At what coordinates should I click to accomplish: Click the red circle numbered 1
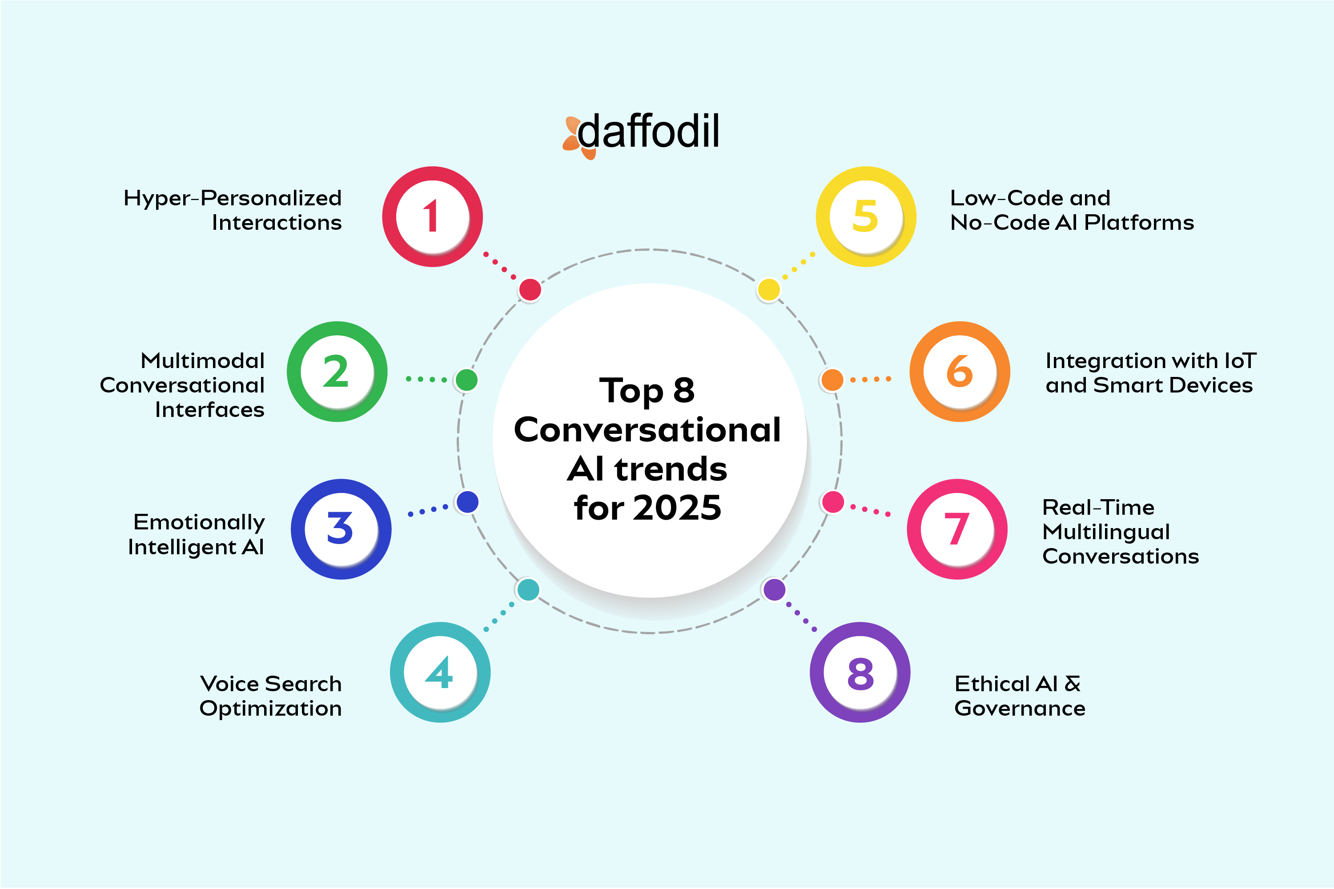[x=432, y=216]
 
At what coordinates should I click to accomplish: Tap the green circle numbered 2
[x=337, y=372]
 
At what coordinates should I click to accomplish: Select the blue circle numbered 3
[x=341, y=529]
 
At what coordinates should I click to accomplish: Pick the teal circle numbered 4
[x=440, y=673]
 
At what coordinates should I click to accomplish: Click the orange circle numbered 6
[x=960, y=372]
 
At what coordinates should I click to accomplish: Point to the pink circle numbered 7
[x=957, y=529]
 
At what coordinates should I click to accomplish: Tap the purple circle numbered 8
[x=860, y=673]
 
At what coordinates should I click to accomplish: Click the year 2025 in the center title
[x=677, y=508]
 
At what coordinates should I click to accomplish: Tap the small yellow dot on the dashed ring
[x=768, y=290]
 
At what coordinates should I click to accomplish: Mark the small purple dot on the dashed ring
[x=774, y=590]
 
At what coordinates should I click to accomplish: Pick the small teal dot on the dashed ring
[x=528, y=590]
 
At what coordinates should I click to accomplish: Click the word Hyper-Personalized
[x=233, y=198]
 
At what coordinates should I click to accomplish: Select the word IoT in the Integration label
[x=1241, y=360]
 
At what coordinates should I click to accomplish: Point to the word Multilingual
[x=1106, y=532]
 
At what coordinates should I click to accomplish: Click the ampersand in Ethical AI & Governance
[x=1073, y=684]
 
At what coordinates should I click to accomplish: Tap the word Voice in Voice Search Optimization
[x=226, y=684]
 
